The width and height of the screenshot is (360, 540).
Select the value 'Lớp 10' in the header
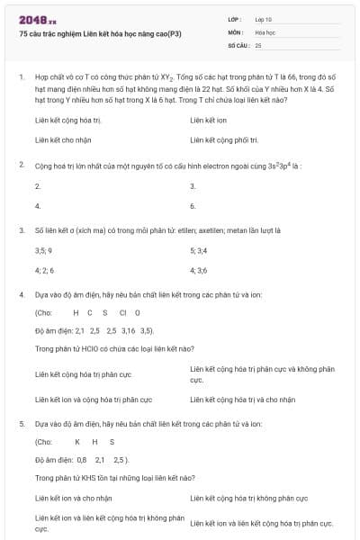(264, 19)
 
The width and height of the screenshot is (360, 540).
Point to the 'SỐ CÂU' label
(238, 44)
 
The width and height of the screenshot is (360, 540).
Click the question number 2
(21, 166)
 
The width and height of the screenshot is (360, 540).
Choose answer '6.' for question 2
(193, 206)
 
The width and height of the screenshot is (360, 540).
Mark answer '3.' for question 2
(193, 185)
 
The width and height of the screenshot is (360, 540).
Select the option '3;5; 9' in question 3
(43, 249)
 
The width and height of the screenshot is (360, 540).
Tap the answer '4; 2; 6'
(44, 270)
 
